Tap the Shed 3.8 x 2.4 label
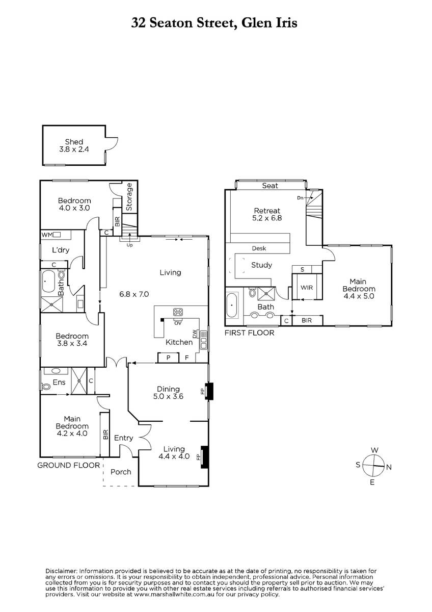coord(74,146)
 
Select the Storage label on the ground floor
coord(129,197)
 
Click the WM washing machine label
coord(47,235)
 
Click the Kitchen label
coord(179,342)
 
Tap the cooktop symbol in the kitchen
coord(178,312)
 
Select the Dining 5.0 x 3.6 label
coord(169,393)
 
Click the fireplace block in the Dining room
coord(209,391)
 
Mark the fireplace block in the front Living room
coord(204,456)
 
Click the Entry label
coord(123,438)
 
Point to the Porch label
coord(120,472)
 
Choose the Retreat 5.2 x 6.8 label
coord(267,214)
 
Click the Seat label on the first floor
coord(270,186)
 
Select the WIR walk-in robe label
coord(307,288)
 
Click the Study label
coord(261,265)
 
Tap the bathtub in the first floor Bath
coord(232,307)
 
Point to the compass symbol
coord(374,465)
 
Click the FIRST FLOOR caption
coord(250,333)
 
